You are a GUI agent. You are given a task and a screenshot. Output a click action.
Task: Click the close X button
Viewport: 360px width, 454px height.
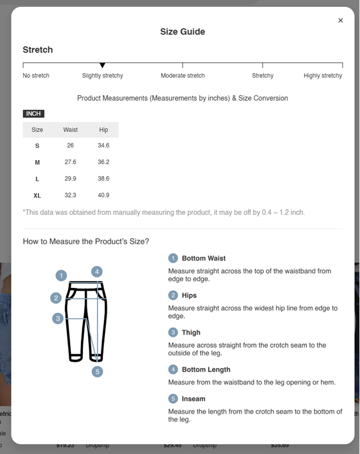coord(340,21)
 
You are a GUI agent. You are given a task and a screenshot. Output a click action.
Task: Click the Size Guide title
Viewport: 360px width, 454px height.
coord(183,32)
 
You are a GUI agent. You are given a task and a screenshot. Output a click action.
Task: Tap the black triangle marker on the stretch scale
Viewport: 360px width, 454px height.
coord(103,66)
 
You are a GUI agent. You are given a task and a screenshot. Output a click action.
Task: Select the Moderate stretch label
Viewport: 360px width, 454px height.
coord(183,75)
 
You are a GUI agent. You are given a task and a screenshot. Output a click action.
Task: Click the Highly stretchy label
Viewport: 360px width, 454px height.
coord(323,75)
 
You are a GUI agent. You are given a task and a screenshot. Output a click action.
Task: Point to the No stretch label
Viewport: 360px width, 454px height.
coord(36,75)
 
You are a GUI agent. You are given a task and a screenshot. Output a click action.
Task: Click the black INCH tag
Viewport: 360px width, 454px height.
coord(33,113)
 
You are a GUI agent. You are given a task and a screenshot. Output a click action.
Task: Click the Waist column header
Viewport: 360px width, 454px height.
coord(70,130)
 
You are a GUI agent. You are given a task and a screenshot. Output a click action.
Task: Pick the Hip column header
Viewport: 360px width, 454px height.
coord(104,130)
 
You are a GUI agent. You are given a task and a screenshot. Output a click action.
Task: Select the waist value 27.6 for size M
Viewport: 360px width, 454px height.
coord(70,162)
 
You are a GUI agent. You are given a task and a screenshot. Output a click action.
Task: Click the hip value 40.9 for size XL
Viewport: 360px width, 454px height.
coord(104,195)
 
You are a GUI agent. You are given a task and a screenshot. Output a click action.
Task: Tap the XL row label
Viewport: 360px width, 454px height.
coord(37,196)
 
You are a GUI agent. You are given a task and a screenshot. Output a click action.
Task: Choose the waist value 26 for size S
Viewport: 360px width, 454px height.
coord(70,146)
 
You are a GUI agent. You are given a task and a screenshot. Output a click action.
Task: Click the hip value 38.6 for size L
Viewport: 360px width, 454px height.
coord(104,179)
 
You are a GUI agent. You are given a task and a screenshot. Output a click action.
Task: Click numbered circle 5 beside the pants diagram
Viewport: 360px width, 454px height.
coord(97,372)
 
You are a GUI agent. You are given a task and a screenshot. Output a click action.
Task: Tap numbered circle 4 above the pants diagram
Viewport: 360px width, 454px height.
coord(97,271)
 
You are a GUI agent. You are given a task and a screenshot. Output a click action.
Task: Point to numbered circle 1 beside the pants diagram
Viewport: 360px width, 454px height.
coord(62,275)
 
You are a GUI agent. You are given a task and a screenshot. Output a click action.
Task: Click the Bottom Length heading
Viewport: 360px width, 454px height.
coord(206,370)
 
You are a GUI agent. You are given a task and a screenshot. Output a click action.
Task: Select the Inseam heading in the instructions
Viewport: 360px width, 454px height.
coord(194,399)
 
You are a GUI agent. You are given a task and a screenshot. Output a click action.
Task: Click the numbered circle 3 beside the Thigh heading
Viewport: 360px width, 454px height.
coord(173,332)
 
